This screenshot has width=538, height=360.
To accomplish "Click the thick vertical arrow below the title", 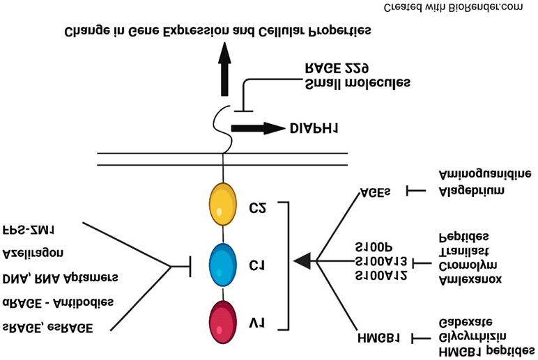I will click(x=224, y=68).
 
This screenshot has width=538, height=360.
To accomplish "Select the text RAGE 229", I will click(x=337, y=68).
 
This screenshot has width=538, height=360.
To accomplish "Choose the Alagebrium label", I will click(x=472, y=190).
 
